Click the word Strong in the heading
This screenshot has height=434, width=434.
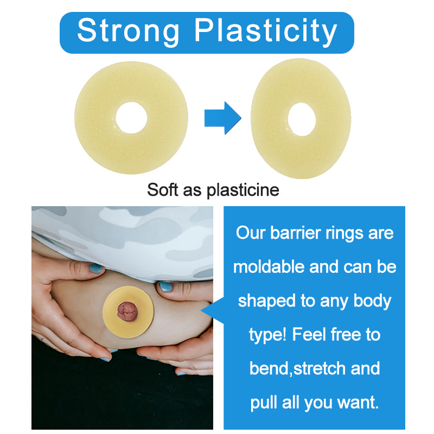tap(130, 31)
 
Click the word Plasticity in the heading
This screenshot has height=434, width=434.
tap(266, 32)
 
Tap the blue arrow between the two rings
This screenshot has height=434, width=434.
tap(222, 117)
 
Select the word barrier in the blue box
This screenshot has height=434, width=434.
tap(295, 233)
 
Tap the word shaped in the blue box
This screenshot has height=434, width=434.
tap(263, 301)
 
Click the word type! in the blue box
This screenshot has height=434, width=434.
tap(268, 335)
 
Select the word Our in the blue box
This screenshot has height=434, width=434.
tap(251, 233)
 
